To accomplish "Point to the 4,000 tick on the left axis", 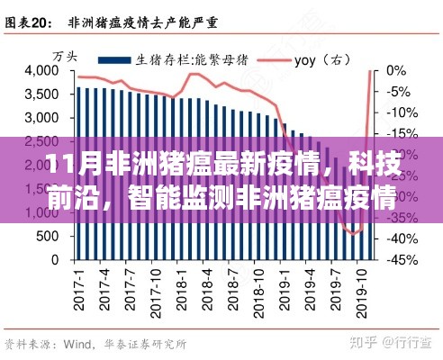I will pyautogui.click(x=37, y=71).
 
